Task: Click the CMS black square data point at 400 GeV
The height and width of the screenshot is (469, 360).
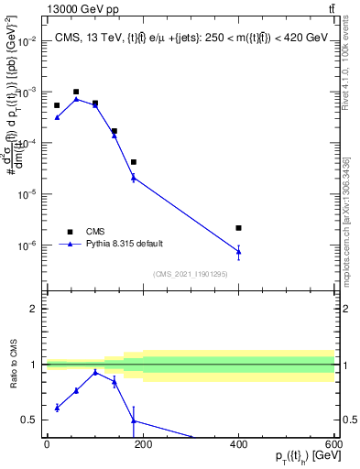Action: tap(238, 228)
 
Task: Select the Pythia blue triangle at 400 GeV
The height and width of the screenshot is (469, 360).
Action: tap(238, 251)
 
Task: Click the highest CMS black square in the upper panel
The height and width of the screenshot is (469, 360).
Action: tap(76, 92)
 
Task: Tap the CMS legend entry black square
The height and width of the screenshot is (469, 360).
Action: tap(69, 231)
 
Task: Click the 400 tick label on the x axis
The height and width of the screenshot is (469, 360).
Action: tap(238, 444)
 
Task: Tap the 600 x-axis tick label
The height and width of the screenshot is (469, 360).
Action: tap(333, 444)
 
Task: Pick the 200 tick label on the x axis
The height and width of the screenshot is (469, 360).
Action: tap(143, 444)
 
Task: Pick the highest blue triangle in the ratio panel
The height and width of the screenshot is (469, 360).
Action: tap(95, 372)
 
